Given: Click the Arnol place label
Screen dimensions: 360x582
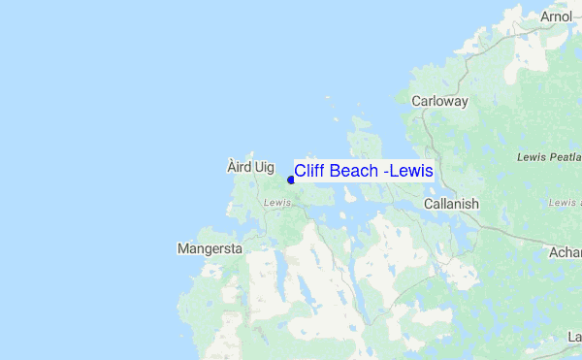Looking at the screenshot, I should point(557,16).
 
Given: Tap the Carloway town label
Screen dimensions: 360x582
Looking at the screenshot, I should point(439,101).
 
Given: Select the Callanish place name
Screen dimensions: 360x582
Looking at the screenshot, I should point(451,204).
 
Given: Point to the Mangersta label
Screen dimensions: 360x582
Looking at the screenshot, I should point(210,248).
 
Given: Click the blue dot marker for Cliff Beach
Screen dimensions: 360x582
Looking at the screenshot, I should point(290,180).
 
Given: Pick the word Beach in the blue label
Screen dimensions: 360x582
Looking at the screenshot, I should point(354,171).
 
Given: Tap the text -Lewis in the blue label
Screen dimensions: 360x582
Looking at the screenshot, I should point(409,171).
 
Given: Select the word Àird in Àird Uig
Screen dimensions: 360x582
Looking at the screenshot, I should point(238,167).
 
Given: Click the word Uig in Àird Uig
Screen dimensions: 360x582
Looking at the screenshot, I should point(264,167).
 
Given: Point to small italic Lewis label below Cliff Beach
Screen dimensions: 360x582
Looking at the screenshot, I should point(276,203).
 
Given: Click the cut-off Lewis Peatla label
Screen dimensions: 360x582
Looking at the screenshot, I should point(549,156).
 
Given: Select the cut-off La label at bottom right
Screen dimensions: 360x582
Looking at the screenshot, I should point(573,337).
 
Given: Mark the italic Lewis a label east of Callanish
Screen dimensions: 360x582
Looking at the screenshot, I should point(564,203).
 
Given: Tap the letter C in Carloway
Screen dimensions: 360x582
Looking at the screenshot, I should point(416,101).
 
